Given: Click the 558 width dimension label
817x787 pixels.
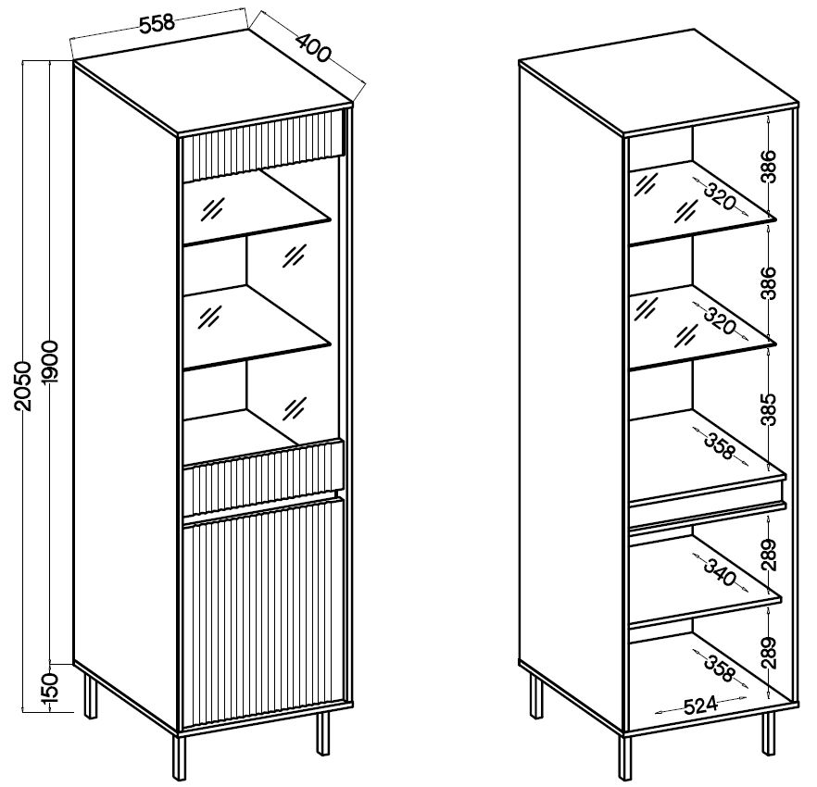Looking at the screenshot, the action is tap(157, 23).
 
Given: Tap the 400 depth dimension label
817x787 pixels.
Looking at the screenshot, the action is tap(313, 47).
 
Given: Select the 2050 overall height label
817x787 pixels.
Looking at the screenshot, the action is tap(24, 386).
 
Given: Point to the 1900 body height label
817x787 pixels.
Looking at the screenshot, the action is tap(52, 363).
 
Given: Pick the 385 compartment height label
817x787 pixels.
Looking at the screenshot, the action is tap(768, 410).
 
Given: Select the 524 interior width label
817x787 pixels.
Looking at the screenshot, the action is tap(700, 706).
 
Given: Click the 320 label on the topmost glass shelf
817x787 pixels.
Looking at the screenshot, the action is tap(720, 196).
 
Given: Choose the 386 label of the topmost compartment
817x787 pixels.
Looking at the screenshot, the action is tap(768, 166).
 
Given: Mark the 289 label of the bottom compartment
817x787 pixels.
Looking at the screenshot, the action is tap(768, 653).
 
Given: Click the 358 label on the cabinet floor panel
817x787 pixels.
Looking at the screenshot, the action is tap(720, 668).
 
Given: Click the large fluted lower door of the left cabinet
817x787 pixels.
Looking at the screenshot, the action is tap(263, 613).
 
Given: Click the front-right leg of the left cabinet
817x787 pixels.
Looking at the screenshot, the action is tap(323, 732).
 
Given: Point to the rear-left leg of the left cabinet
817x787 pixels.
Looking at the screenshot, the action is tap(90, 696).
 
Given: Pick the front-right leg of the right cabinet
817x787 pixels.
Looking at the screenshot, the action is tap(768, 733).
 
